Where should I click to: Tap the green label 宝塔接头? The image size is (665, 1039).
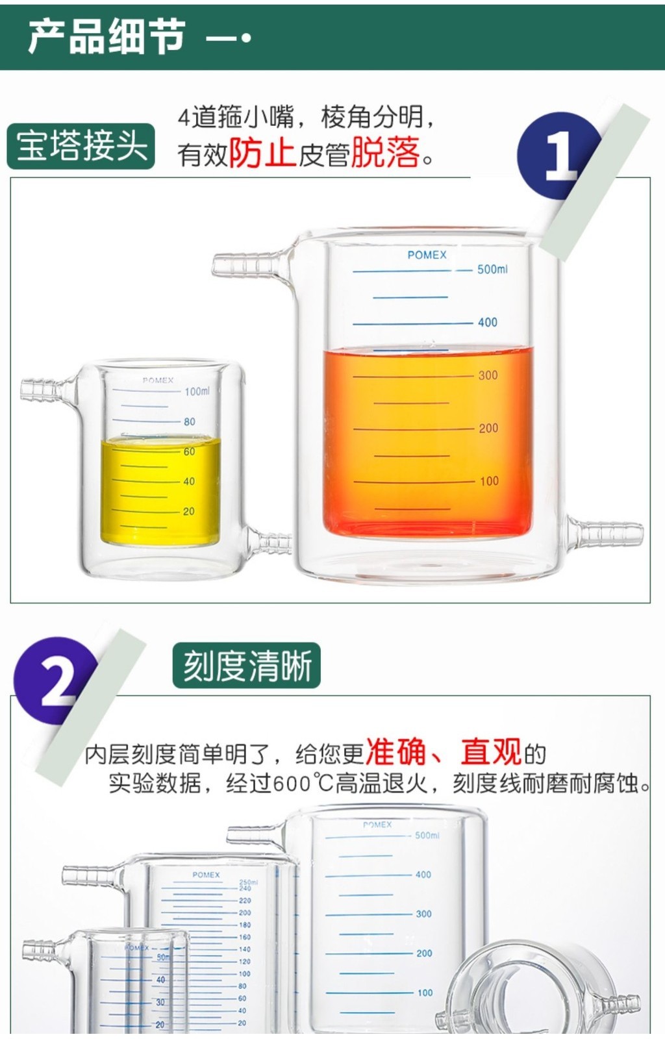[x=81, y=145]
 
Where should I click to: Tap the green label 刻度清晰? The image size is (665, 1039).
[x=247, y=666]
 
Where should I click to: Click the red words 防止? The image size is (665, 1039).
[x=262, y=154]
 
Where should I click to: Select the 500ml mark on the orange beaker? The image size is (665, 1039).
[x=492, y=269]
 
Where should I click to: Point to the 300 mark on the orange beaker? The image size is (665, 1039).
[x=488, y=375]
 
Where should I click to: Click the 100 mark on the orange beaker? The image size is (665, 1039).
[x=489, y=481]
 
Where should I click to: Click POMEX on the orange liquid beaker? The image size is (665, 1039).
[x=427, y=255]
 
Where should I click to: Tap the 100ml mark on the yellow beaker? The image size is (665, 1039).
[x=197, y=392]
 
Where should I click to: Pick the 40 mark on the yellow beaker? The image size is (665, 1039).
[x=189, y=481]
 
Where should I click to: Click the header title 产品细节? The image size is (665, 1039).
[x=107, y=37]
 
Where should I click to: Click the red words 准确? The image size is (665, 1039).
[x=396, y=752]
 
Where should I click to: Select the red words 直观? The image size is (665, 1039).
[x=491, y=752]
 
